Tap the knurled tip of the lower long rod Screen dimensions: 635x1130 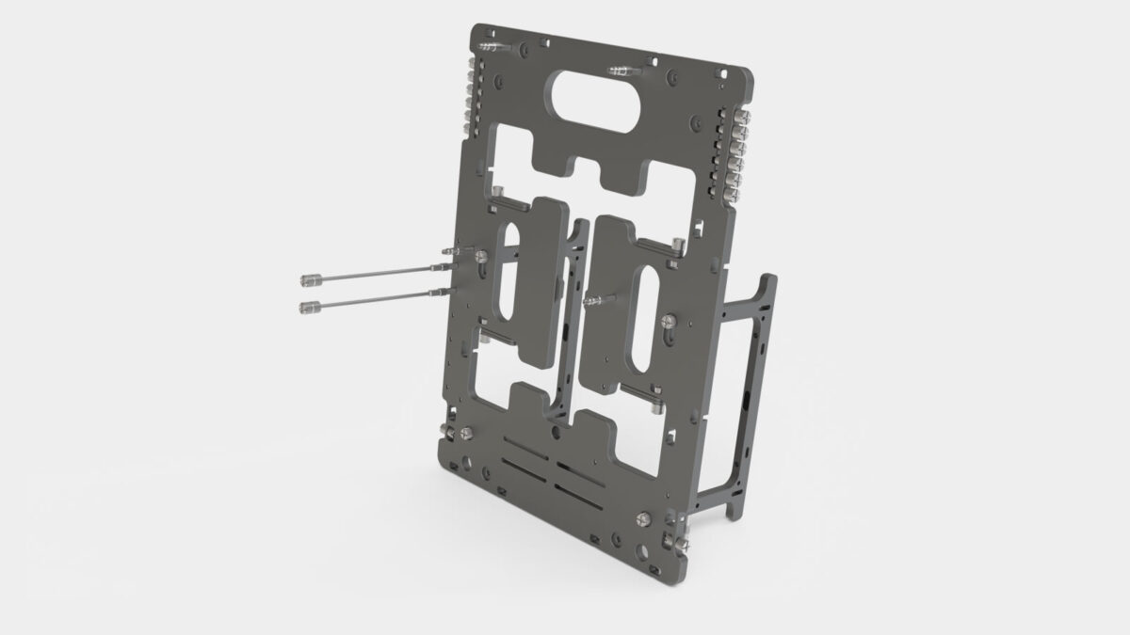(x=307, y=306)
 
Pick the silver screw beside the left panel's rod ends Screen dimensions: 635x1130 (x=481, y=257)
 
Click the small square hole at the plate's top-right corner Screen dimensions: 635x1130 (x=726, y=70)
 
